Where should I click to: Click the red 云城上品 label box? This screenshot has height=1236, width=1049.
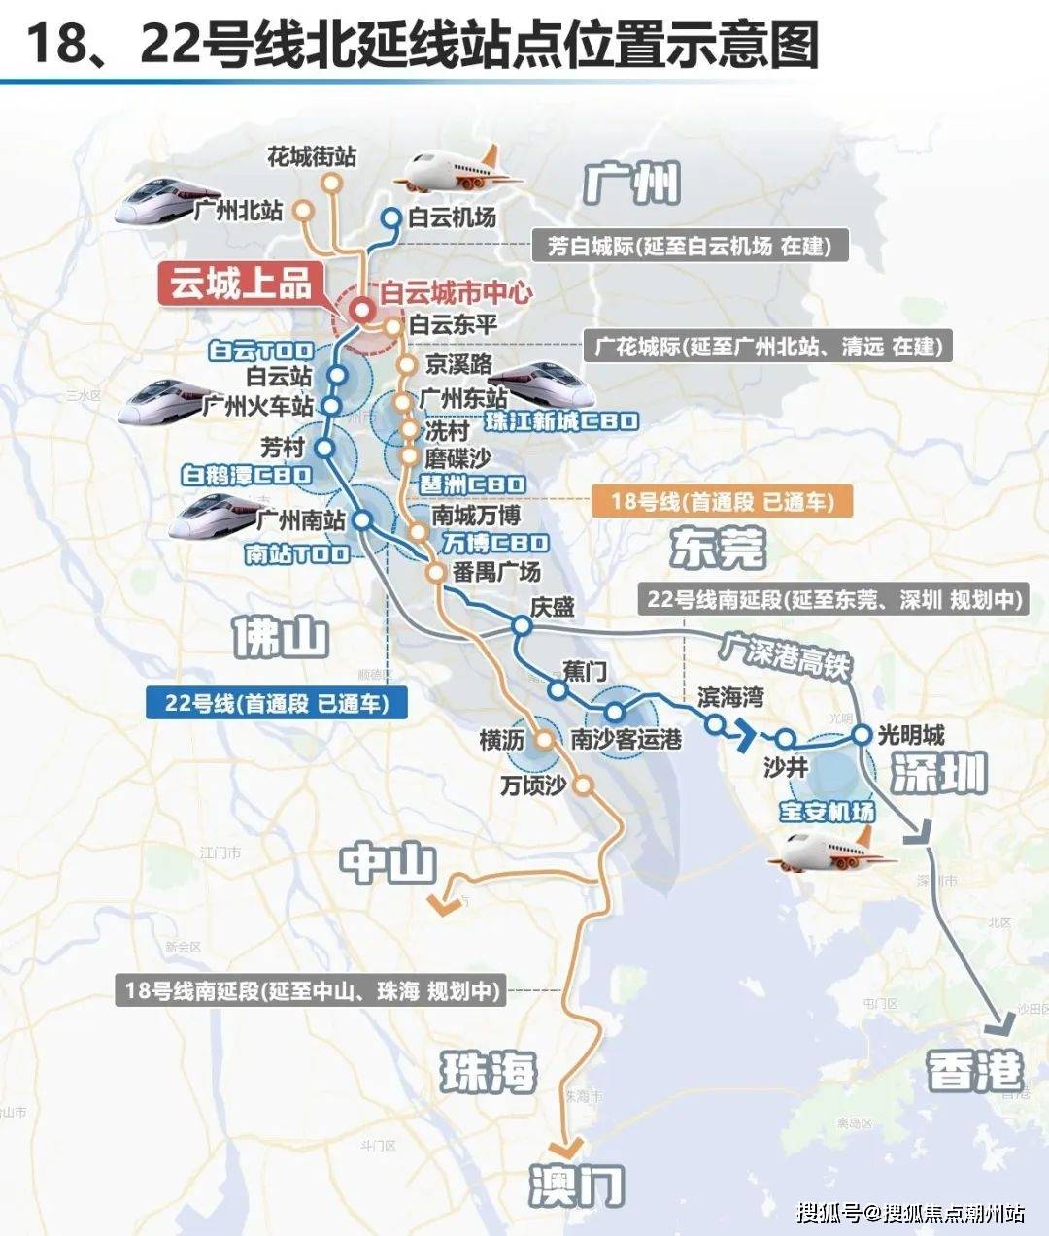(x=241, y=284)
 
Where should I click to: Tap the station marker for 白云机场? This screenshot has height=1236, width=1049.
(x=390, y=218)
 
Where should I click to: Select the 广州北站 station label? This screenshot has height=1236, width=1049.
(x=238, y=210)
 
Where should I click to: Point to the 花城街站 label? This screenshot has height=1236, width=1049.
(x=311, y=156)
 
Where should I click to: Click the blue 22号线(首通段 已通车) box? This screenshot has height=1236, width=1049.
(x=276, y=703)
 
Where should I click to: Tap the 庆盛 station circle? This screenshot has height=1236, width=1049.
(x=522, y=626)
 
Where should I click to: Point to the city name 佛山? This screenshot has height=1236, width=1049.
(x=281, y=638)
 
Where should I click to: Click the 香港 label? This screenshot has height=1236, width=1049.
(x=975, y=1072)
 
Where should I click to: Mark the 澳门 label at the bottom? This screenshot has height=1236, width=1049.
(x=577, y=1186)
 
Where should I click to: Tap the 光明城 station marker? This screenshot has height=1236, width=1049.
(x=862, y=735)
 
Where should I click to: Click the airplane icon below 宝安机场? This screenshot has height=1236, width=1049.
(x=830, y=852)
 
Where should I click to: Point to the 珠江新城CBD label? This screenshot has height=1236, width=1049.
(x=561, y=421)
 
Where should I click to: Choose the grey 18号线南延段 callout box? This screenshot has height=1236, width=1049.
(x=312, y=991)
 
